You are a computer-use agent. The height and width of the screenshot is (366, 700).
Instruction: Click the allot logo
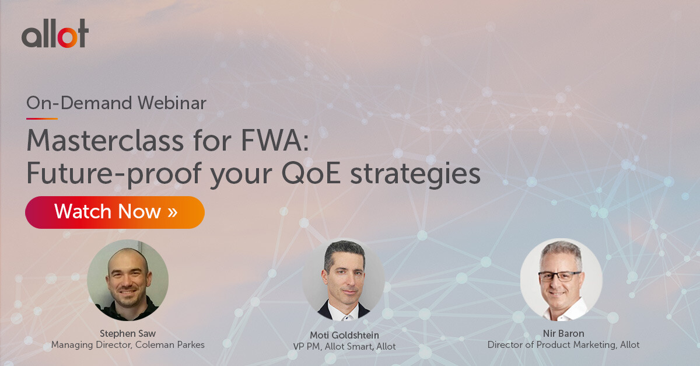[x=55, y=33]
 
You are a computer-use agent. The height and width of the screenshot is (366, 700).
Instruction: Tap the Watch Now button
[x=115, y=211]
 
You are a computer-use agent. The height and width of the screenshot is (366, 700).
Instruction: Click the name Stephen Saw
[x=128, y=333]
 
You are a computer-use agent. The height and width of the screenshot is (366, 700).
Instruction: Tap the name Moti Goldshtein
[x=344, y=335]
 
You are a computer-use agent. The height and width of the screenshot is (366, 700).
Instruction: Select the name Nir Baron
[x=563, y=333]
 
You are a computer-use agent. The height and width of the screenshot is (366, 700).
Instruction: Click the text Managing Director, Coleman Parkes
[x=128, y=345]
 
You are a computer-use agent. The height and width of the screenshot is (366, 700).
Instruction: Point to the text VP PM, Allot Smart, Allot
[x=344, y=347]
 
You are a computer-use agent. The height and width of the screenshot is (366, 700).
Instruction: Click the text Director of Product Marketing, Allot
[x=563, y=345]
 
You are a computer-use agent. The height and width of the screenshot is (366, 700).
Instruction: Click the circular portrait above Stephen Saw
[x=128, y=280]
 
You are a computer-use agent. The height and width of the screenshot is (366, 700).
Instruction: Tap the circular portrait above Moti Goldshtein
[x=344, y=281]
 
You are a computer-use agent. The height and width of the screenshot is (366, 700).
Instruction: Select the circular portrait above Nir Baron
[x=561, y=280]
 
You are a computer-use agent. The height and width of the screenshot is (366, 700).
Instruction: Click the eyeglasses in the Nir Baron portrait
[x=559, y=276]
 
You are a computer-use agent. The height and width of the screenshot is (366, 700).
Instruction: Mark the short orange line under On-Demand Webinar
[x=41, y=118]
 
